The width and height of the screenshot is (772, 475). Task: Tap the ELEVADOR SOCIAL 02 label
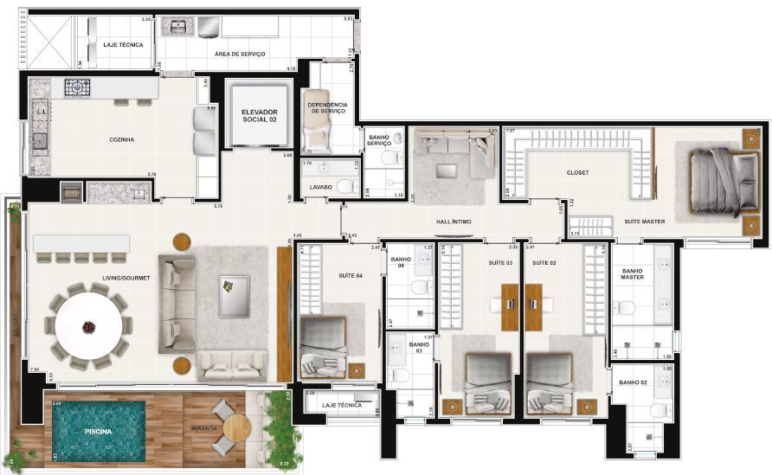(261, 117)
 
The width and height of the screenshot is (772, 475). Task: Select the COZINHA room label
(122, 139)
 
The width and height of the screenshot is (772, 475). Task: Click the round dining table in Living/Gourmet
(89, 327)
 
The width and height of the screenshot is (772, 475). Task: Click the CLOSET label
(577, 173)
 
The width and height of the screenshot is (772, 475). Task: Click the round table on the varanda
(235, 427)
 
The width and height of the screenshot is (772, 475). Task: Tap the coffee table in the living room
(234, 295)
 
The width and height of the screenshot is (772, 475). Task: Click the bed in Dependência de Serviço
(315, 128)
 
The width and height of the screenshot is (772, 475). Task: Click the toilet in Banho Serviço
(389, 157)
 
